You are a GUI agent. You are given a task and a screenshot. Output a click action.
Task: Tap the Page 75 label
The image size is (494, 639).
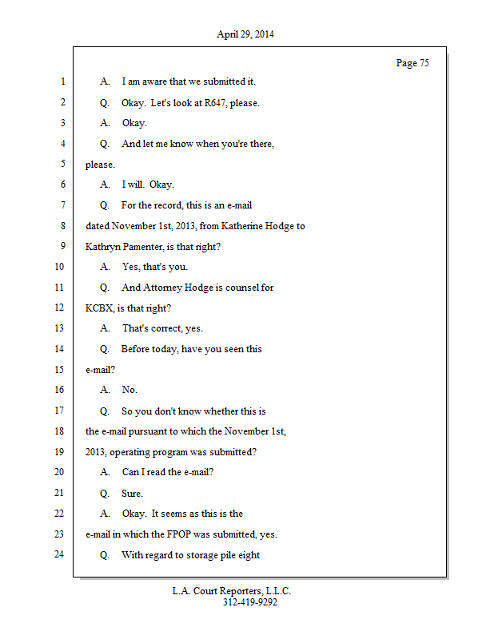(x=412, y=63)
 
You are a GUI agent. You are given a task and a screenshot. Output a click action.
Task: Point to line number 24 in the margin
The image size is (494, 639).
(x=59, y=554)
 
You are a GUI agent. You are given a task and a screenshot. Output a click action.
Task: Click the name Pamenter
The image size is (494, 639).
(x=145, y=247)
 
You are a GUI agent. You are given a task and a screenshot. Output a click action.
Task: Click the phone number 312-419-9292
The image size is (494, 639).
(x=250, y=602)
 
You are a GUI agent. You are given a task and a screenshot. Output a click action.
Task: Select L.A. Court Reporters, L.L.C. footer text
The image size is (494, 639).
(x=232, y=591)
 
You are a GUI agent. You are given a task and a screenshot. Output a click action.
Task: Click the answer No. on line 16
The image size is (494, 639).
(x=129, y=391)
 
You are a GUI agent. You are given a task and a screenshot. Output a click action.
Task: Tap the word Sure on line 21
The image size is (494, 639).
(x=132, y=494)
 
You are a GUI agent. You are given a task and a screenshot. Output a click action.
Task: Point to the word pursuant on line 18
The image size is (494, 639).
(x=162, y=431)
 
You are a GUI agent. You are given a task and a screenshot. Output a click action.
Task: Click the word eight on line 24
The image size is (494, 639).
(x=247, y=555)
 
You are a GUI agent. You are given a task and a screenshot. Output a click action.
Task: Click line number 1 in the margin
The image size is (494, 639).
(x=62, y=81)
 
